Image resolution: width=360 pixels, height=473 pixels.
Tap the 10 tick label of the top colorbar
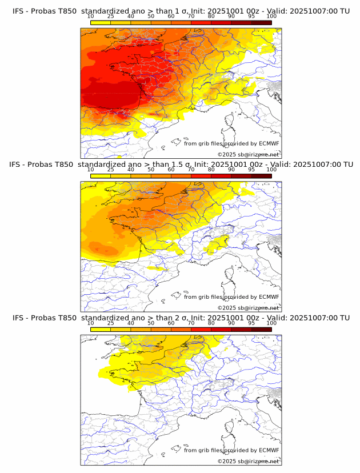tap(90, 17)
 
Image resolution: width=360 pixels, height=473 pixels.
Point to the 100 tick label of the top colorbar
tap(271, 17)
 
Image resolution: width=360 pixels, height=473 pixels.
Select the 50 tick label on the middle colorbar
tap(151, 170)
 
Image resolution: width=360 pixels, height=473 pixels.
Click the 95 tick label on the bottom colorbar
tap(251, 323)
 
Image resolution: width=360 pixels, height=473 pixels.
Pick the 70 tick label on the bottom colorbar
tap(191, 323)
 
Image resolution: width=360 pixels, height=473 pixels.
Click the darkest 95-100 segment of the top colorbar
tap(262, 23)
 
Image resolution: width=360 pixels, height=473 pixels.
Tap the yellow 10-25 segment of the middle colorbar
tap(101, 176)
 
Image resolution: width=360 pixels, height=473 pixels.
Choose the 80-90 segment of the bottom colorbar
tap(221, 329)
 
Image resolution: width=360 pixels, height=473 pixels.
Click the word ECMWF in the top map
tap(269, 144)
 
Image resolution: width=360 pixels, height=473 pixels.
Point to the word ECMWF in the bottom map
tap(269, 450)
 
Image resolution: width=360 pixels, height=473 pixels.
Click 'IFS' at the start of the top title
tap(18, 11)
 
